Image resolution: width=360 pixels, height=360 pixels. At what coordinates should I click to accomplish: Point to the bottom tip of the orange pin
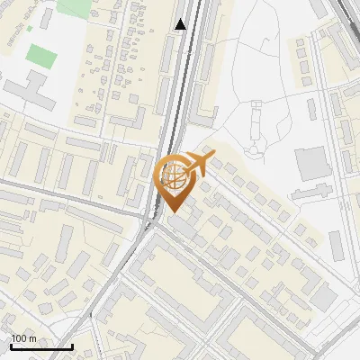pyautogui.click(x=173, y=212)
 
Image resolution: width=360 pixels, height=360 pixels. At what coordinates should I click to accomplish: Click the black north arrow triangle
pyautogui.click(x=182, y=24)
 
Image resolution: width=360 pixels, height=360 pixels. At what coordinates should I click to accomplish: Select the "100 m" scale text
pyautogui.click(x=24, y=338)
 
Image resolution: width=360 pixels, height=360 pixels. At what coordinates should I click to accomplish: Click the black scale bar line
pyautogui.click(x=41, y=346)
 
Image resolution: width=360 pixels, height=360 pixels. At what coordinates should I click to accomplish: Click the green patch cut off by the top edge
pyautogui.click(x=74, y=7)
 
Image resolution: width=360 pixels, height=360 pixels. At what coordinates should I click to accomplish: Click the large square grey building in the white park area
pyautogui.click(x=312, y=163)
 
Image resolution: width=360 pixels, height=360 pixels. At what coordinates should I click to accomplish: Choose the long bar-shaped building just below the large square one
pyautogui.click(x=311, y=191)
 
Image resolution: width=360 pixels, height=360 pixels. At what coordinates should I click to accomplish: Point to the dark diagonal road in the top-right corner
pyautogui.click(x=346, y=13)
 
